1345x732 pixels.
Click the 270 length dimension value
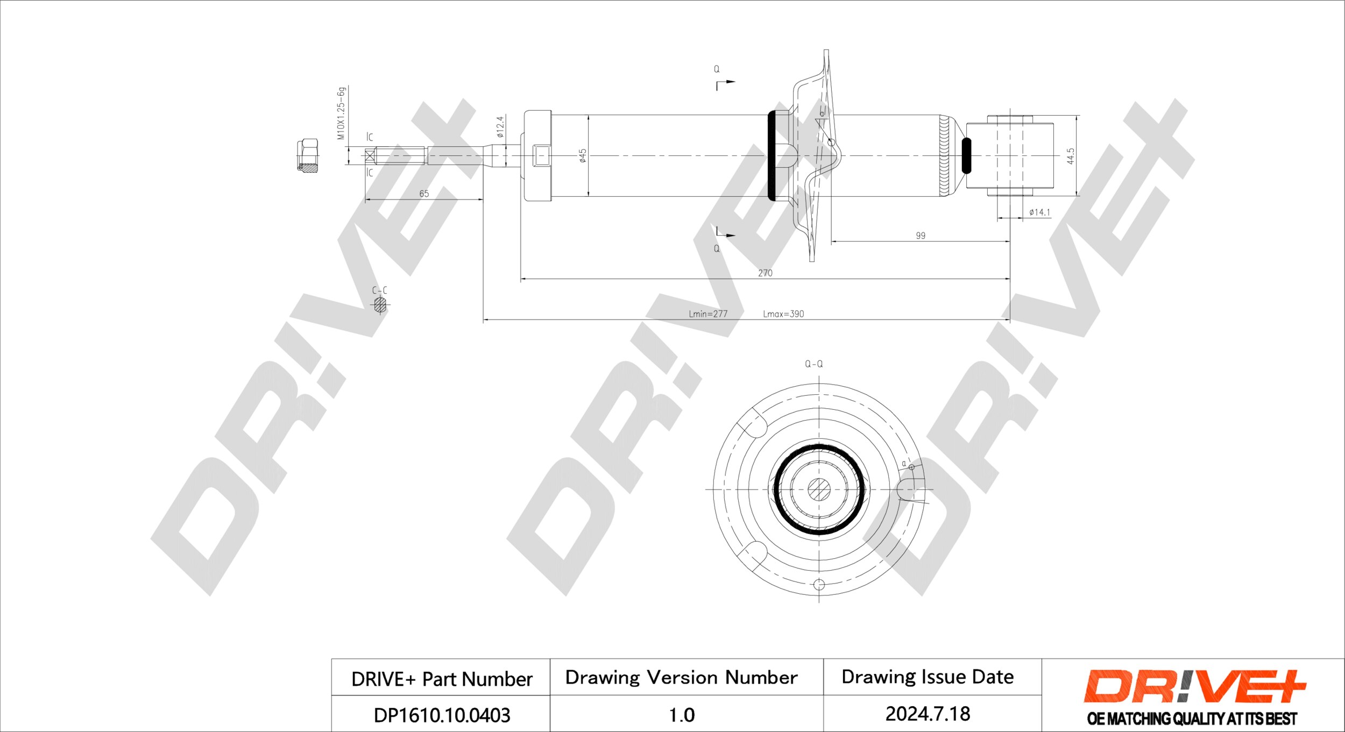pos(765,273)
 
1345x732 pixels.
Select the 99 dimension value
pos(921,236)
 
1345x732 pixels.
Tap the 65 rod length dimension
pos(424,194)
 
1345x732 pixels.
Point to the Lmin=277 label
pos(708,314)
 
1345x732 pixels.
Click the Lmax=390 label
pos(783,314)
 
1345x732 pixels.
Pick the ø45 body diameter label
pos(582,155)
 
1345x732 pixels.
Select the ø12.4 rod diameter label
pos(500,127)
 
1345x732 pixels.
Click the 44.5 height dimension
pos(1071,156)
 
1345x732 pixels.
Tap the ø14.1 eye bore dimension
pos(1039,212)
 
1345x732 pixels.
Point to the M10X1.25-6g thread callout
pos(341,113)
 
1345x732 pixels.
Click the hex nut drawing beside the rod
pos(307,155)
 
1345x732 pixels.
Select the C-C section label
pos(379,290)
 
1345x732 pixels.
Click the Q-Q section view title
pos(813,364)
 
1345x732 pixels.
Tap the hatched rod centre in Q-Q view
pos(819,489)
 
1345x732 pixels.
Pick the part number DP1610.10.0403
pos(442,715)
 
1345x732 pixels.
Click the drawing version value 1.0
pos(682,715)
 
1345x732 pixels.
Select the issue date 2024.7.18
pos(928,714)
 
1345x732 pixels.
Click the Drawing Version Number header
pos(681,677)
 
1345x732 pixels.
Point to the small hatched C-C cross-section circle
pos(380,305)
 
